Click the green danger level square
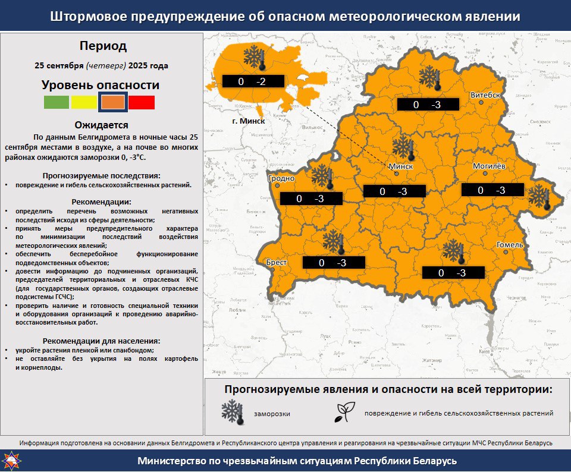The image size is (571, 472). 57,102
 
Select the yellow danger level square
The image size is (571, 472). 84,102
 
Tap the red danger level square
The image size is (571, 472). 142,102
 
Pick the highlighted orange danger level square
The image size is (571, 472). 112,102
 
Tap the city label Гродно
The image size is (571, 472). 281,178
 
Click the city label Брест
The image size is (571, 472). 277,262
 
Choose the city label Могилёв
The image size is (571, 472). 488,166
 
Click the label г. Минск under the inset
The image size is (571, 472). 247,121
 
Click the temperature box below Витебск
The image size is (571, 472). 428,105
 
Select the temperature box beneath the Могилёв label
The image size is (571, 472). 492,190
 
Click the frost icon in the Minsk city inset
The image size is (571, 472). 253,58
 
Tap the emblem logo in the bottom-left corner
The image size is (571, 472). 12,460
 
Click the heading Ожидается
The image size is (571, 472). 102,125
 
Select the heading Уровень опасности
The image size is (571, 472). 101,84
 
